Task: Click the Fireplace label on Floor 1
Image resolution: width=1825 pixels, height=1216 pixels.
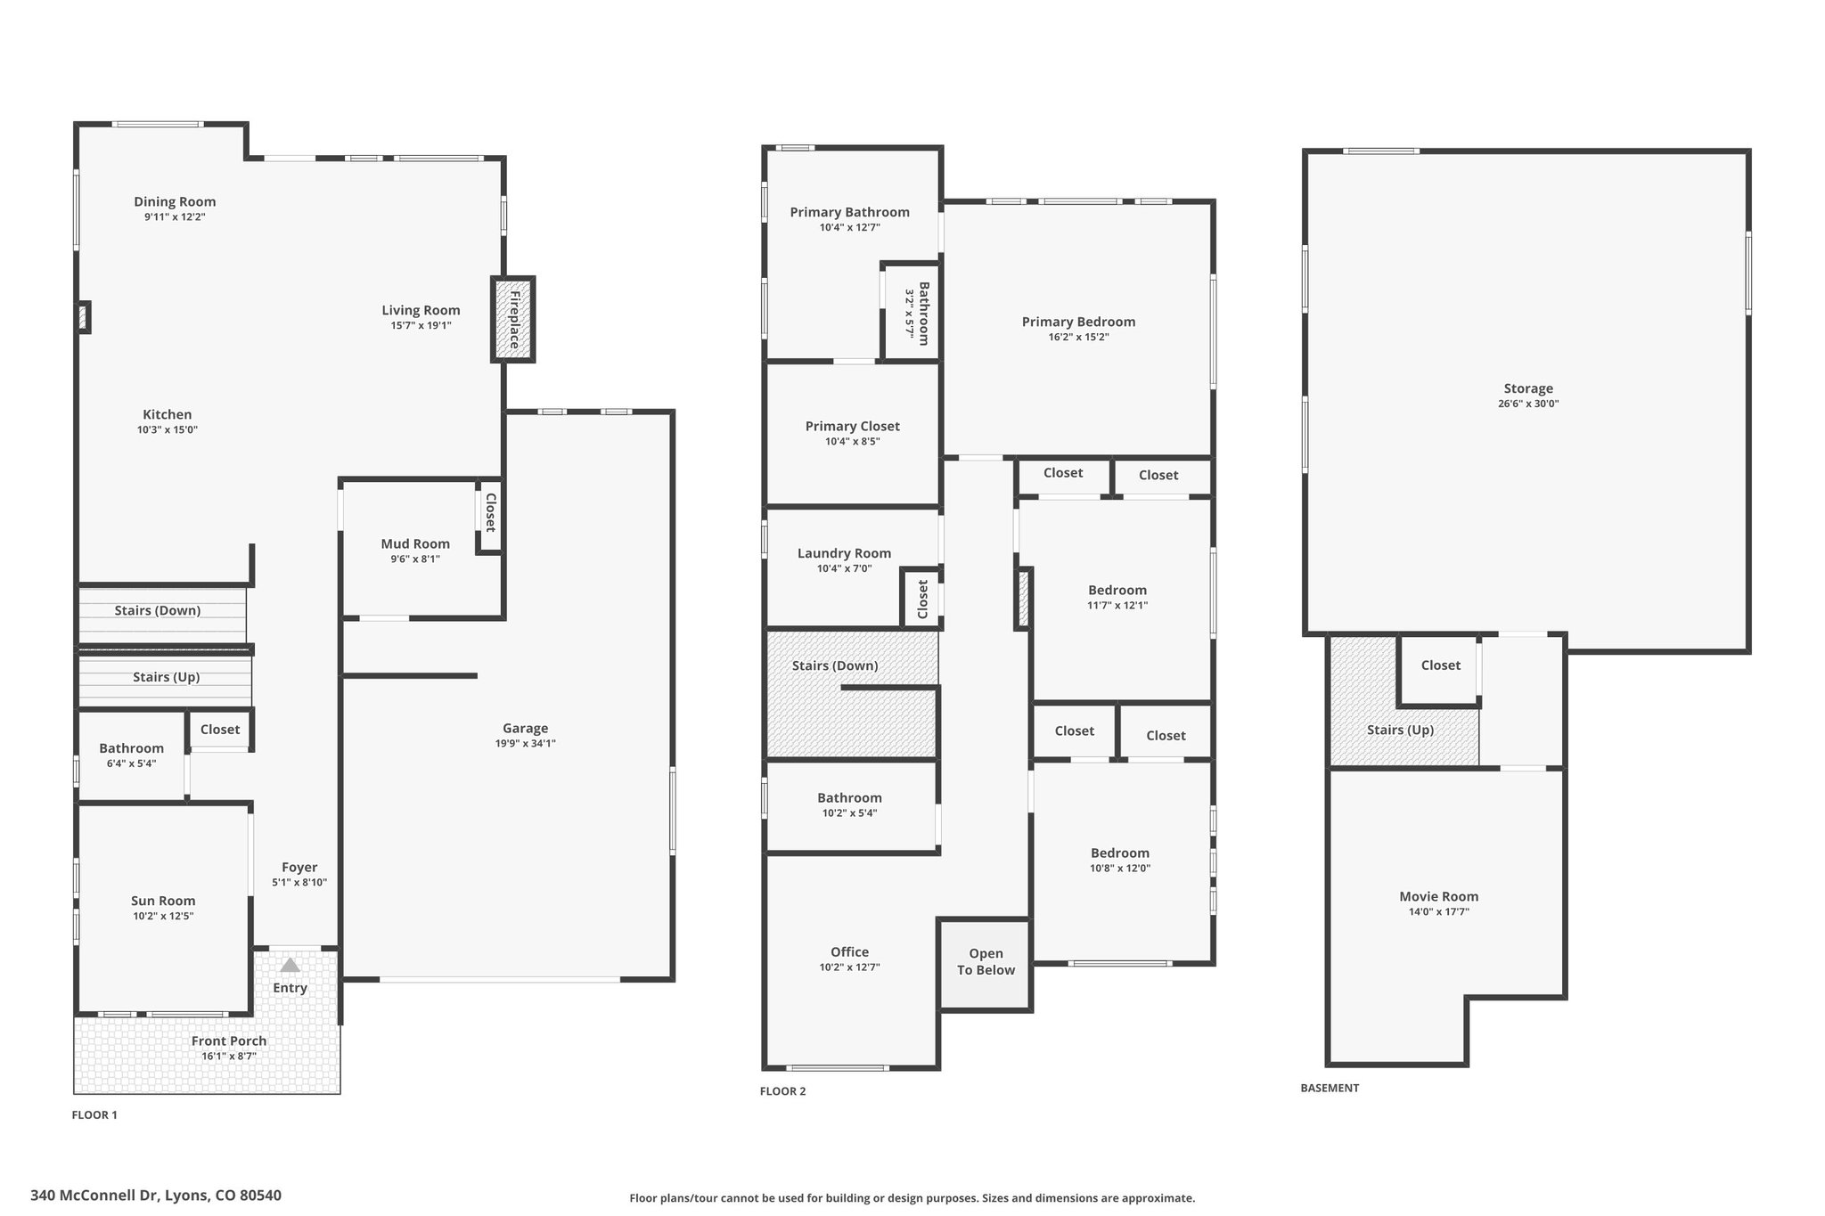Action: tap(514, 319)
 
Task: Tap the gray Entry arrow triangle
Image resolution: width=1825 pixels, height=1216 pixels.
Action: tap(291, 965)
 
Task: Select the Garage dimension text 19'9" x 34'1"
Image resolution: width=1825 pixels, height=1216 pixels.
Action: tap(526, 744)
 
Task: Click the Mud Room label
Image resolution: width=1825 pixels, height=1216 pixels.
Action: tap(415, 543)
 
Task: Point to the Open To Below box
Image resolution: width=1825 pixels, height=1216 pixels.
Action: tap(986, 964)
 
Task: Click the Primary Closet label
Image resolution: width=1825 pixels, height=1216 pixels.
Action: tap(853, 426)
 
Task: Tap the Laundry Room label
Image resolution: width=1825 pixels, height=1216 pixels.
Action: tap(844, 553)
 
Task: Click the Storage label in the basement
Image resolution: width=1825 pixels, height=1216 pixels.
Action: tap(1528, 388)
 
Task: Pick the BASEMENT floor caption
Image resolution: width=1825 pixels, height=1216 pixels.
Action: tap(1330, 1088)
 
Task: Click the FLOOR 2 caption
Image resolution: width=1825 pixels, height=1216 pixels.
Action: tap(782, 1091)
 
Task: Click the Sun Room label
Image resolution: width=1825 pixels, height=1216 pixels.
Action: tap(163, 901)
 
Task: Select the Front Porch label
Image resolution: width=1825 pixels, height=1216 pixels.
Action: tap(229, 1041)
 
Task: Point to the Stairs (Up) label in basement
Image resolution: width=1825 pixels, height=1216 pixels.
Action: tap(1400, 730)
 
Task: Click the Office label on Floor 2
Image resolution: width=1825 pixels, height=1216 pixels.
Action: tap(849, 951)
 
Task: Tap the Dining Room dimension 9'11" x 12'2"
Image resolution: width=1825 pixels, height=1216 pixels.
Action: tap(175, 217)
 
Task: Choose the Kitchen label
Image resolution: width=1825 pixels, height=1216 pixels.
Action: tap(168, 414)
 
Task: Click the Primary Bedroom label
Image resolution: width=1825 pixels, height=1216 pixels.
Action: tap(1078, 322)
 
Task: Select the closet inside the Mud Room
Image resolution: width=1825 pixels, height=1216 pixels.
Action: tap(489, 515)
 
